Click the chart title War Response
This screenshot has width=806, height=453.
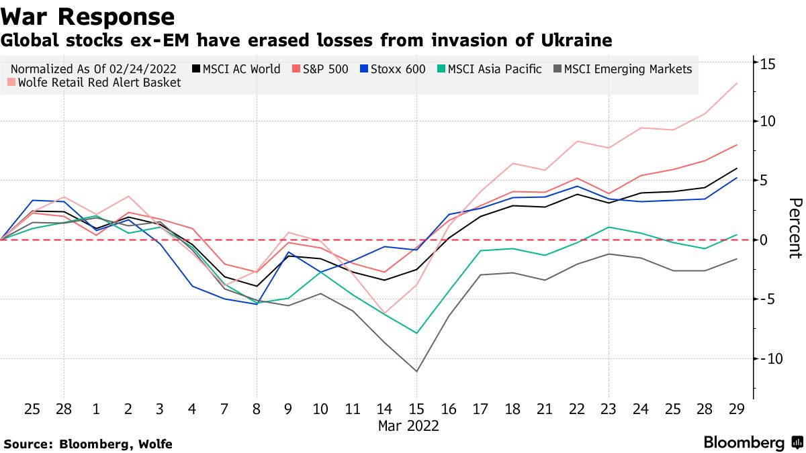pyautogui.click(x=88, y=16)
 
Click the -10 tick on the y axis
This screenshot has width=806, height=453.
pyautogui.click(x=766, y=359)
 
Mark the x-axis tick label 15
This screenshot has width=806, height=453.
pyautogui.click(x=416, y=409)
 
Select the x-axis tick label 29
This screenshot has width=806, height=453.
pyautogui.click(x=737, y=409)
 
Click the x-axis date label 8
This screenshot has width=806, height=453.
pyautogui.click(x=256, y=409)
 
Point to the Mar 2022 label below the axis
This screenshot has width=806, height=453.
pyautogui.click(x=408, y=425)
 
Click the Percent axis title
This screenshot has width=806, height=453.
pyautogui.click(x=795, y=228)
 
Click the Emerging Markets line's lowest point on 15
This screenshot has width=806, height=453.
pyautogui.click(x=416, y=371)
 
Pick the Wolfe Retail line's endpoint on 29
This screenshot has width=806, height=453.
pyautogui.click(x=737, y=83)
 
